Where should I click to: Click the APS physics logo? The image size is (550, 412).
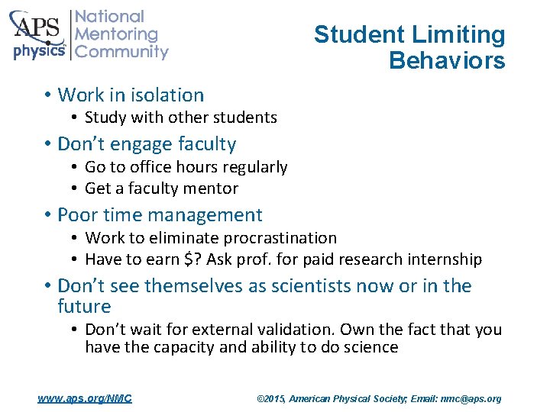pyautogui.click(x=38, y=34)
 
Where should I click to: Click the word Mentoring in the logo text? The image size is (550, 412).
pyautogui.click(x=116, y=34)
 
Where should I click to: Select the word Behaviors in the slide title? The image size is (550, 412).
pyautogui.click(x=447, y=60)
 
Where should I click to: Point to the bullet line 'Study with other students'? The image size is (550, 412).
pyautogui.click(x=180, y=117)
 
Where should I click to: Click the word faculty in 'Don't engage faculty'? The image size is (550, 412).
pyautogui.click(x=206, y=144)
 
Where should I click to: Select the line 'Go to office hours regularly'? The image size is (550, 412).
pyautogui.click(x=186, y=167)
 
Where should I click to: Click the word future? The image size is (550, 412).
pyautogui.click(x=84, y=307)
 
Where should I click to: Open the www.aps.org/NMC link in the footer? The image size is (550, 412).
pyautogui.click(x=85, y=398)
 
